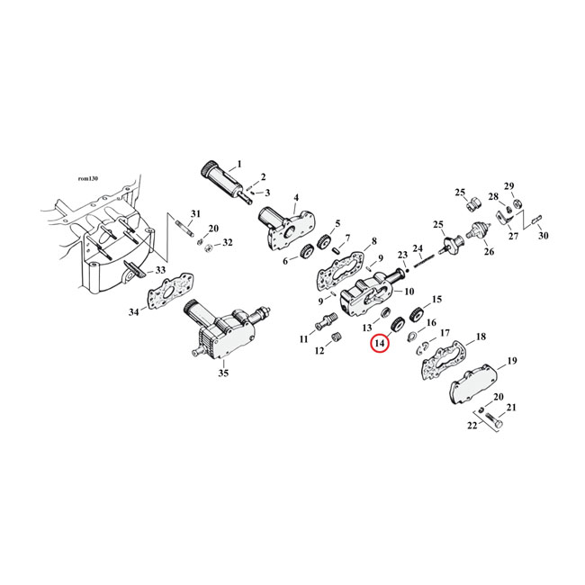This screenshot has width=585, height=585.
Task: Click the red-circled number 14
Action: click(379, 343)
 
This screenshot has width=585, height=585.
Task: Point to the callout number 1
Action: click(239, 165)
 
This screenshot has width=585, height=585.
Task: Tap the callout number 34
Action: click(134, 312)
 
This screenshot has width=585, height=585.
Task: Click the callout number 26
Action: click(490, 252)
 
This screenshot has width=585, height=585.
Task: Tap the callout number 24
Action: click(417, 248)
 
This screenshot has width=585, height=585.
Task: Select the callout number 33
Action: click(160, 270)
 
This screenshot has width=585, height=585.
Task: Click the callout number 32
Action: click(227, 243)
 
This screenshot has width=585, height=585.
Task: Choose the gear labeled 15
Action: click(416, 316)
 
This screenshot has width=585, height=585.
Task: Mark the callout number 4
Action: click(295, 197)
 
